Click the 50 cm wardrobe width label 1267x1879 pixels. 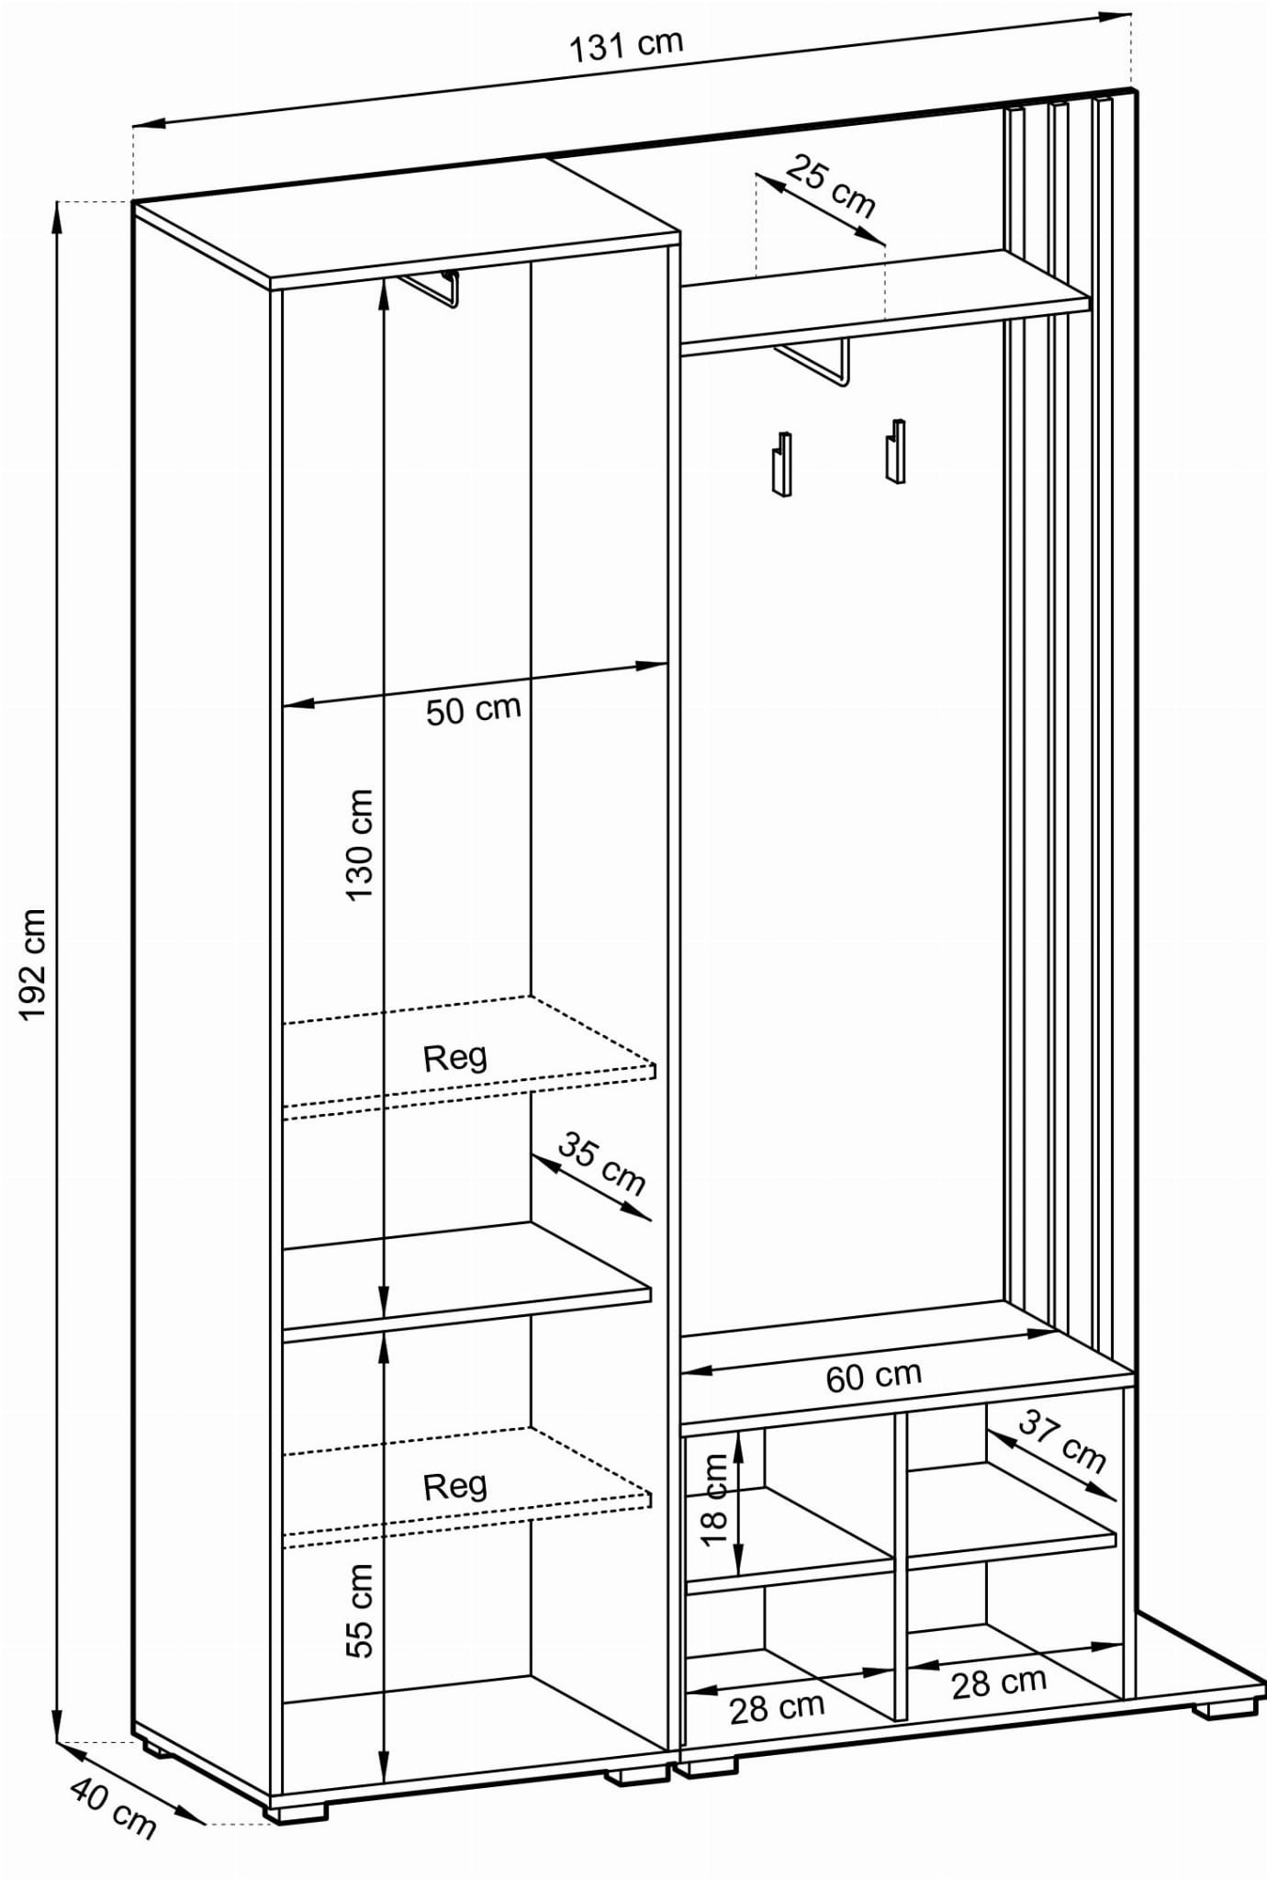click(473, 709)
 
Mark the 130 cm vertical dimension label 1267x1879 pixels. click(360, 845)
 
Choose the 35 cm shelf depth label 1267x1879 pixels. click(601, 1165)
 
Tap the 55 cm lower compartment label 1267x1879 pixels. click(360, 1610)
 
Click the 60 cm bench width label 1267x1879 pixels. click(873, 1376)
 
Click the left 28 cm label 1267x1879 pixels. click(777, 1707)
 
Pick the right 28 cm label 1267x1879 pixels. click(999, 1682)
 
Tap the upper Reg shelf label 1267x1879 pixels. click(454, 1058)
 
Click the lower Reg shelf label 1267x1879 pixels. click(454, 1486)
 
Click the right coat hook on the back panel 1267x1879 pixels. click(895, 450)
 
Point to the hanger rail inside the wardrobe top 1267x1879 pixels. click(429, 287)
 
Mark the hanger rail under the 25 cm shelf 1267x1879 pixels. click(811, 362)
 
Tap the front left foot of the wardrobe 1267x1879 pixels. click(295, 1813)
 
